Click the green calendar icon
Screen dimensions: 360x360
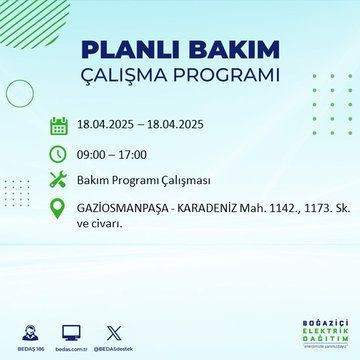(59, 127)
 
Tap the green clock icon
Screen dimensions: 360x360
(59, 155)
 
